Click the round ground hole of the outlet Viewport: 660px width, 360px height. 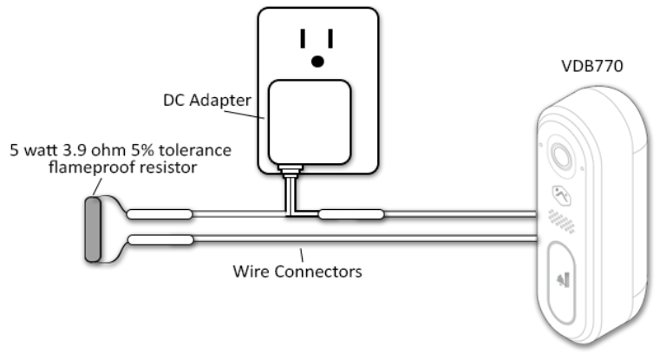[318, 61]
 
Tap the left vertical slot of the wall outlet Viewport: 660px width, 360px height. [303, 39]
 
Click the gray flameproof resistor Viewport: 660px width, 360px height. [91, 229]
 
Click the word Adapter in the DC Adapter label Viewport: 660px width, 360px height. [230, 101]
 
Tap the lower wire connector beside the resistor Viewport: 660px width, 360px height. [160, 239]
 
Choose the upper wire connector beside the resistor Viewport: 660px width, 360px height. [160, 213]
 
